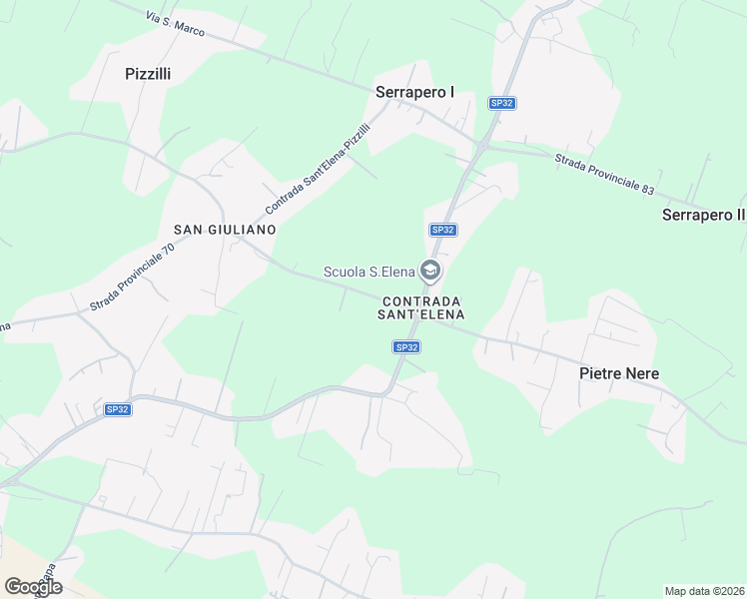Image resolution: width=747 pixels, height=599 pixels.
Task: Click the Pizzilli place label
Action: [x=148, y=73]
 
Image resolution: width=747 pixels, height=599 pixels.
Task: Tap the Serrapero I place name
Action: [x=414, y=92]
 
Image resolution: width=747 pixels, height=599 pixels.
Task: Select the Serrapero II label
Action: [x=703, y=215]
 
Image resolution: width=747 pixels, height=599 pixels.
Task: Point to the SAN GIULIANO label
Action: [x=225, y=230]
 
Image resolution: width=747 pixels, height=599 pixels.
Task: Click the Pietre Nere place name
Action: [x=619, y=373]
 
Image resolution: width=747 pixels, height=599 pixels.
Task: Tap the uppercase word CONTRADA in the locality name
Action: [x=421, y=300]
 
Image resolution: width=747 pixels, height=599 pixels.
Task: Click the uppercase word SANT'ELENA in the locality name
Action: [x=421, y=314]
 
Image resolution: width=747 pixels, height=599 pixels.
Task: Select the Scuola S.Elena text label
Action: [x=369, y=271]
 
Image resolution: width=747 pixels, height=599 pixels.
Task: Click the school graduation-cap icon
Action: [x=429, y=271]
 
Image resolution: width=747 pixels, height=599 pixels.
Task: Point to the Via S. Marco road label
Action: [x=175, y=25]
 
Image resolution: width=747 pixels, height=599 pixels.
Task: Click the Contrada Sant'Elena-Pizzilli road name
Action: [x=318, y=168]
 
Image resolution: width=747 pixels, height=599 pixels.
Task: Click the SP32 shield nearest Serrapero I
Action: [x=501, y=103]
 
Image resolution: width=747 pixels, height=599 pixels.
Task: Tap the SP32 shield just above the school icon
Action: [x=442, y=230]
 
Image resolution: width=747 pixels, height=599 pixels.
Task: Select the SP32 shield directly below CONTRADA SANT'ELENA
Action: [x=404, y=347]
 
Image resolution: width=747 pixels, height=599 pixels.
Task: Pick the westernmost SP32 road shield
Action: [x=118, y=409]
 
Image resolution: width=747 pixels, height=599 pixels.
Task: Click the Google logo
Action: [x=33, y=587]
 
